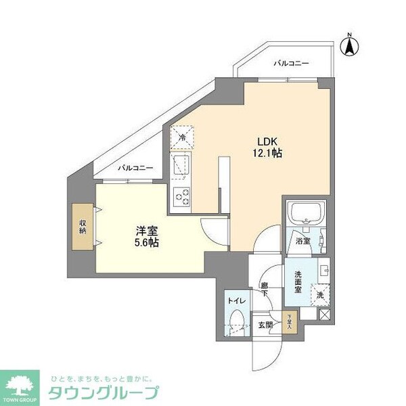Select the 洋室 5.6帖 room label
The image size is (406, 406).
(x=145, y=235)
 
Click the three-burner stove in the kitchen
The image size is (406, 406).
(x=182, y=196)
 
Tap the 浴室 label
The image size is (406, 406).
(x=302, y=240)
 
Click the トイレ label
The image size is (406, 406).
(x=237, y=300)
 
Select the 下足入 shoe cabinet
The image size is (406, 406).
(x=289, y=322)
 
